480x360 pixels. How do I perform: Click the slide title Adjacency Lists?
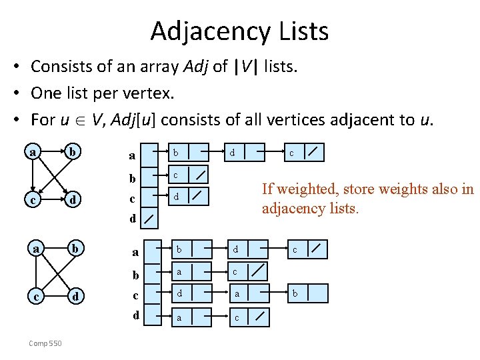pos(239,31)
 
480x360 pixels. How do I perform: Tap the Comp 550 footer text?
pos(46,343)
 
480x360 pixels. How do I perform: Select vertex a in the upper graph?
pos(33,152)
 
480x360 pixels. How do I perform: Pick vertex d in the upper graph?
pos(76,199)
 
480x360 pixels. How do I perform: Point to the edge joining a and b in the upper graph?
pos(54,153)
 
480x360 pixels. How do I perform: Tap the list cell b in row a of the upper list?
pos(176,153)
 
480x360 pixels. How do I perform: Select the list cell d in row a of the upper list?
pos(233,153)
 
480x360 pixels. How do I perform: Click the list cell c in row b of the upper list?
pos(176,175)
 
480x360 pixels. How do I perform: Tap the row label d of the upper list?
pos(133,218)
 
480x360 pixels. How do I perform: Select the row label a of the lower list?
pos(135,252)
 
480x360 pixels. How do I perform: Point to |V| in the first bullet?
pos(247,67)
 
